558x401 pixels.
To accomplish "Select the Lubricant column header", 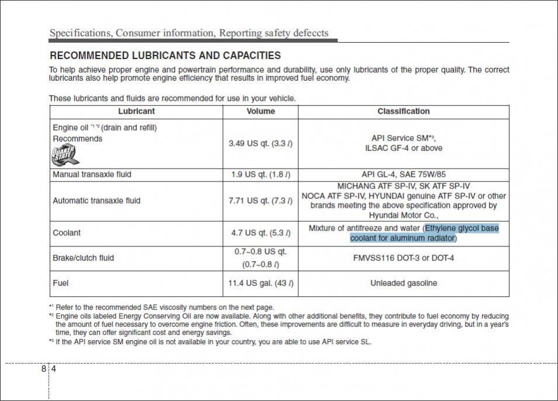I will (136, 111).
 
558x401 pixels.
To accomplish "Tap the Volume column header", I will (260, 111).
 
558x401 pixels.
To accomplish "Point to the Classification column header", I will (403, 111).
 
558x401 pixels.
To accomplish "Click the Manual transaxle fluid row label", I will (92, 174).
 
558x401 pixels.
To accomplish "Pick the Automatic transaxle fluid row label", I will (97, 201).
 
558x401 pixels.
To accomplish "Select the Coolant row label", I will (67, 233).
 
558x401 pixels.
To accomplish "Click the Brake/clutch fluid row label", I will (83, 258).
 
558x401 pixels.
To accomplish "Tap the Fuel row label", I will (60, 283).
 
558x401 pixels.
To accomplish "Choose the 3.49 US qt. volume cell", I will (260, 143).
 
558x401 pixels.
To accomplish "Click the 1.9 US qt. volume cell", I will (260, 174).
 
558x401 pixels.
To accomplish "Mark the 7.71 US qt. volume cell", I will (260, 201).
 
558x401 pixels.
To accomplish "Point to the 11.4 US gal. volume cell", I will (260, 283).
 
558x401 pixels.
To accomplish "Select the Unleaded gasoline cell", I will (403, 283).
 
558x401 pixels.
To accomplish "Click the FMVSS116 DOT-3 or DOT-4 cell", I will (403, 258).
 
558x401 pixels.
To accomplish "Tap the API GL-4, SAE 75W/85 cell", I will (403, 174).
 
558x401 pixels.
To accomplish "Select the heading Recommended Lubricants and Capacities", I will (165, 56).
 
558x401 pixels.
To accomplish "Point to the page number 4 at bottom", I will (53, 369).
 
